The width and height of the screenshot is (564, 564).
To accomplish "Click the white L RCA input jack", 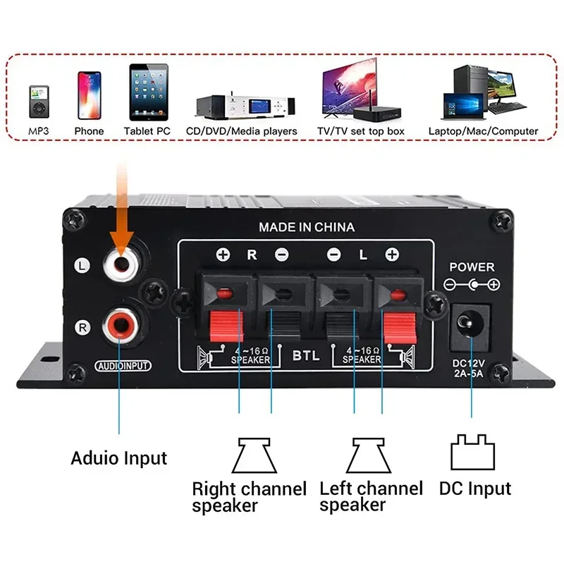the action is [x=121, y=264].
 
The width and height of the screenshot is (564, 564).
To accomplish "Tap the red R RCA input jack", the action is [x=121, y=326].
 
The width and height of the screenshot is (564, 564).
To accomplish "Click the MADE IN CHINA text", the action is [x=307, y=227].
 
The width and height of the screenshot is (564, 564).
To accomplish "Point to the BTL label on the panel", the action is [x=306, y=355].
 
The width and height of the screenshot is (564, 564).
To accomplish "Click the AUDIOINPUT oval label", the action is [x=123, y=366].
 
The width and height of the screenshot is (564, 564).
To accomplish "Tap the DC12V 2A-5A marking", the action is [x=468, y=368].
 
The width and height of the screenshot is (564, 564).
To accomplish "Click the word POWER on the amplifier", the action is [x=472, y=267].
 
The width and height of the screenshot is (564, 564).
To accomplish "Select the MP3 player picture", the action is [x=39, y=102].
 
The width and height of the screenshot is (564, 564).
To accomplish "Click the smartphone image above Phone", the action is [x=90, y=95].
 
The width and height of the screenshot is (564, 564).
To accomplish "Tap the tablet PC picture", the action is [x=149, y=92].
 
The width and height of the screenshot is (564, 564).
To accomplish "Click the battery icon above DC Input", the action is [x=472, y=452].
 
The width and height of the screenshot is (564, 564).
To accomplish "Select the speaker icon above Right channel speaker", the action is [x=255, y=455].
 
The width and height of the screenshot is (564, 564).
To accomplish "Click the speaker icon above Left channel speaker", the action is [x=368, y=455].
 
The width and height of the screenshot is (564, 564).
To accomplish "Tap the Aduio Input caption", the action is [x=119, y=458].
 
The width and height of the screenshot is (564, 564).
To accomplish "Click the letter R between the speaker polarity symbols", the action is [x=252, y=255].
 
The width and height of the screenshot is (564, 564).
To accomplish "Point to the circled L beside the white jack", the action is [x=82, y=266].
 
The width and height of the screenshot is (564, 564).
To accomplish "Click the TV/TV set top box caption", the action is [x=361, y=131].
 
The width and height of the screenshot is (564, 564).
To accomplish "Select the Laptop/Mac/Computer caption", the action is [x=483, y=131].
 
